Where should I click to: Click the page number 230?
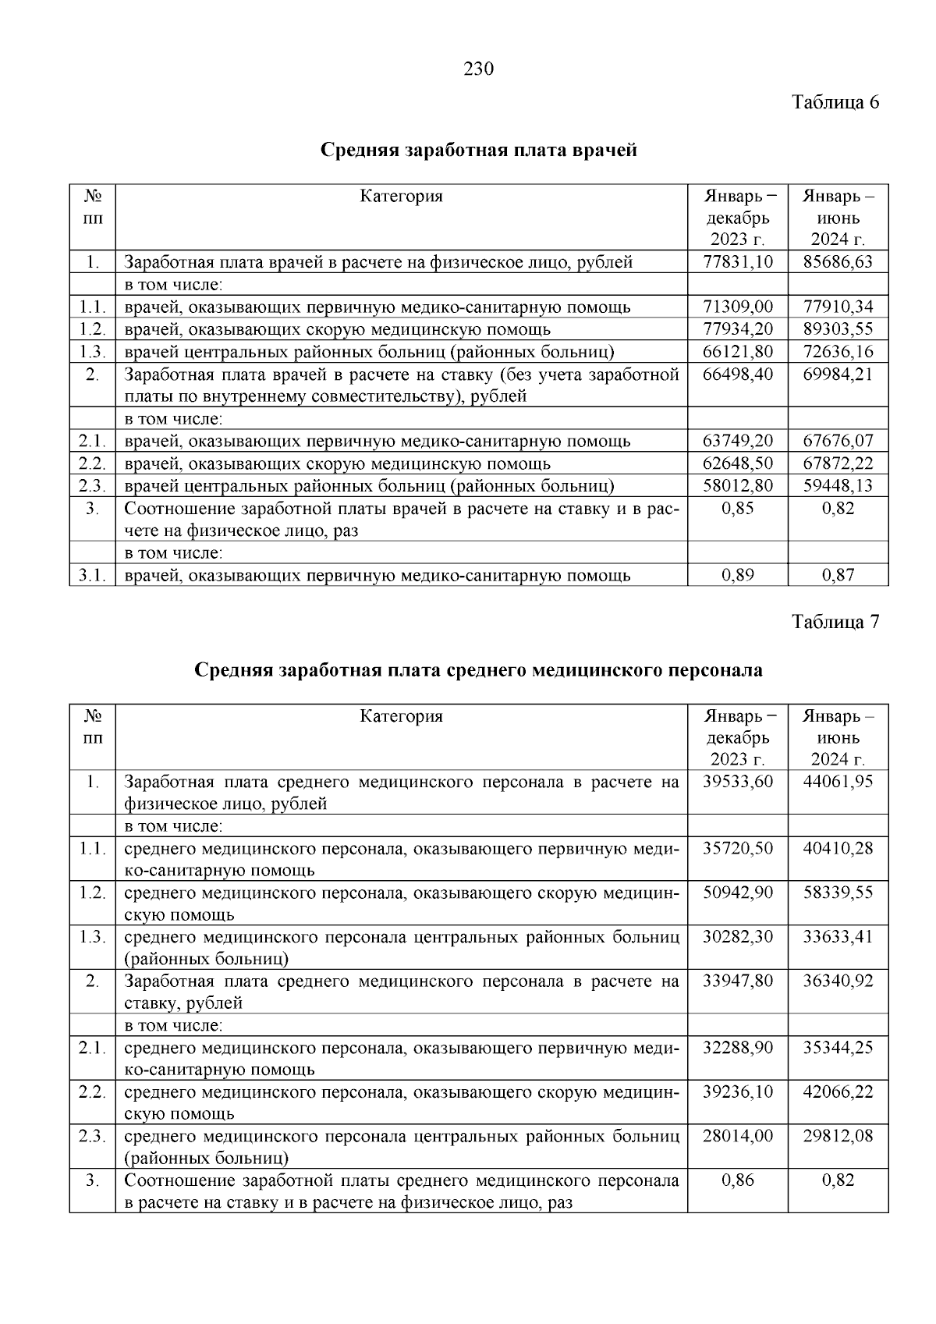point(479,69)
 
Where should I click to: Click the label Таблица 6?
point(835,102)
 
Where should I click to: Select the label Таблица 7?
point(835,622)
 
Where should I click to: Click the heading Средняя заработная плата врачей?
point(479,149)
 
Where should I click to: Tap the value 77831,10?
point(737,262)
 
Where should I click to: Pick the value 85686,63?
point(838,262)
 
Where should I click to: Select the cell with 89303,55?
point(838,329)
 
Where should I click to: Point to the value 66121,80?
point(737,352)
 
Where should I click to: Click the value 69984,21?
point(838,374)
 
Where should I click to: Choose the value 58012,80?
point(737,486)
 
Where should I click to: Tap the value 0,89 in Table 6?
point(737,576)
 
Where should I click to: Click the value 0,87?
point(838,576)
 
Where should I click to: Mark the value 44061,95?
point(838,782)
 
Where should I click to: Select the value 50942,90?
point(737,893)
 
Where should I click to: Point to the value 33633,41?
point(838,937)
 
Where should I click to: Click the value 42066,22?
point(838,1092)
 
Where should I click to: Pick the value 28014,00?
point(737,1137)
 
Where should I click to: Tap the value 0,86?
point(737,1180)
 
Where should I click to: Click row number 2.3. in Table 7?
point(92,1137)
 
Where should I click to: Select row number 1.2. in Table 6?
point(92,329)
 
